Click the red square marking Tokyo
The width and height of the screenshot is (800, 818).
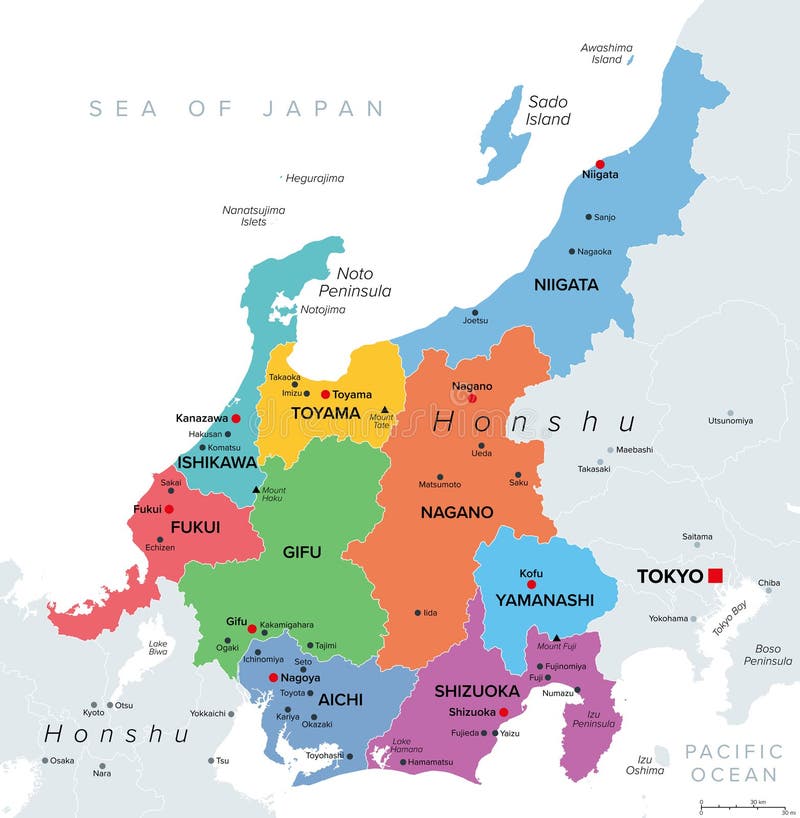click(x=715, y=575)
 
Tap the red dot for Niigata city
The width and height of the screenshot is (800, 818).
click(x=600, y=164)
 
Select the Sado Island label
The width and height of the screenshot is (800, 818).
click(x=548, y=110)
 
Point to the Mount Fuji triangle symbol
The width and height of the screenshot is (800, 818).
click(x=557, y=638)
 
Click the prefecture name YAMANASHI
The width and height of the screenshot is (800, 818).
click(x=545, y=600)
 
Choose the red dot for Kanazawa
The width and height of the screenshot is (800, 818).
click(x=236, y=418)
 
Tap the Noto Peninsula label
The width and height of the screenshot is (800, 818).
click(x=354, y=282)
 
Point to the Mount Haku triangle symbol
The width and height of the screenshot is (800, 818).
click(x=257, y=489)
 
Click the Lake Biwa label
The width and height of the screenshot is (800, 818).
click(x=157, y=650)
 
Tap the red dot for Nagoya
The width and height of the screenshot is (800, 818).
click(x=273, y=677)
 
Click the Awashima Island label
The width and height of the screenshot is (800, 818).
click(x=607, y=53)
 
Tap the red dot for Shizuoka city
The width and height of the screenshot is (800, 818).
click(x=504, y=712)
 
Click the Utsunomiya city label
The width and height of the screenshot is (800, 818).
click(x=730, y=421)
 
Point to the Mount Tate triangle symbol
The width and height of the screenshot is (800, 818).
click(x=384, y=410)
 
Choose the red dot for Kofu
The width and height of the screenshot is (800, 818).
click(x=532, y=584)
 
